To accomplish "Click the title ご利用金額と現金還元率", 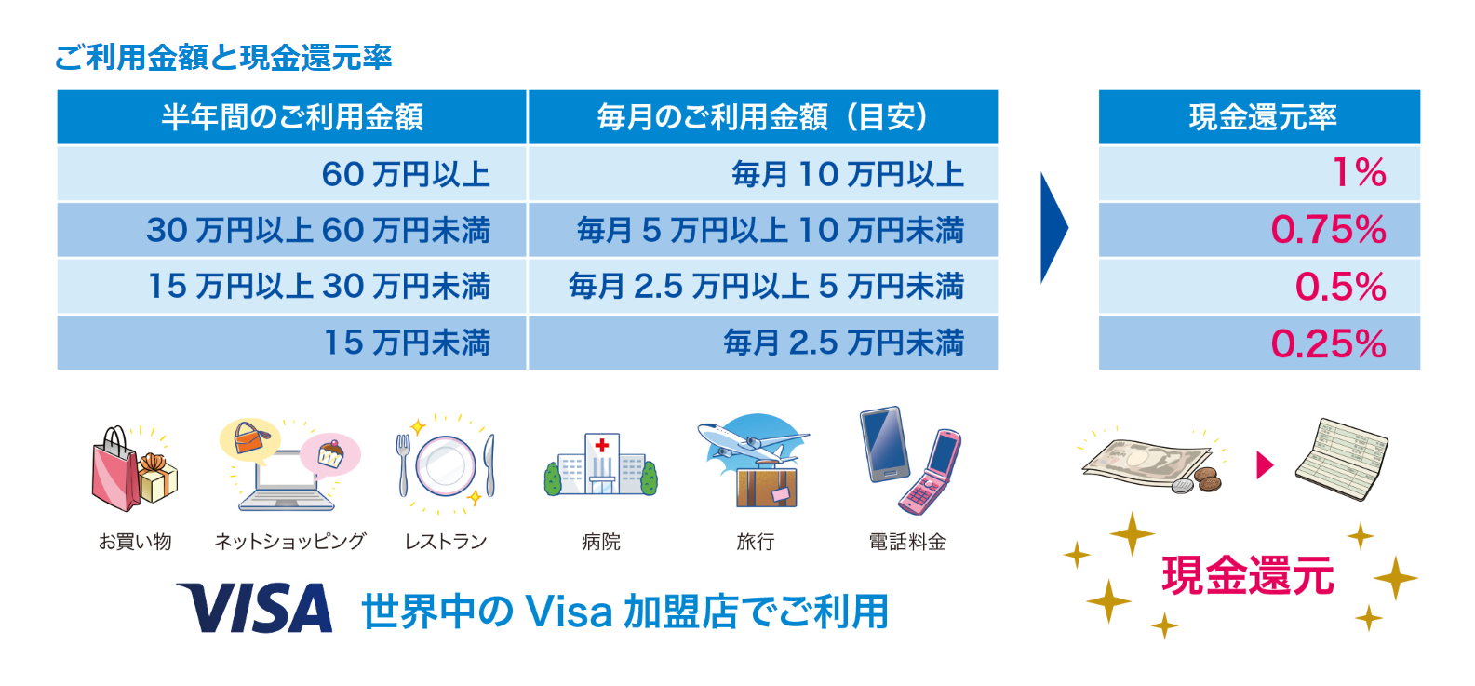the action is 223,58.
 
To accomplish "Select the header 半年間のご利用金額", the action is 292,117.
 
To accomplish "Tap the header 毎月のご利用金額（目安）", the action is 762,117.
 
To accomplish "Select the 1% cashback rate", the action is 1360,172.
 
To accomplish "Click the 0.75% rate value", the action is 1328,230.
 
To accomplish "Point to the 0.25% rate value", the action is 1328,343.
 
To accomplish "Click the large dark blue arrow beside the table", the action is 1053,228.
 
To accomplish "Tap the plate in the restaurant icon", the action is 445,465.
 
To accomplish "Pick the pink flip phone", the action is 930,471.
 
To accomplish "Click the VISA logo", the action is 254,608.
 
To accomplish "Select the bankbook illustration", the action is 1341,458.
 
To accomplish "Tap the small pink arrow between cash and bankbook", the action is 1265,464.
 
